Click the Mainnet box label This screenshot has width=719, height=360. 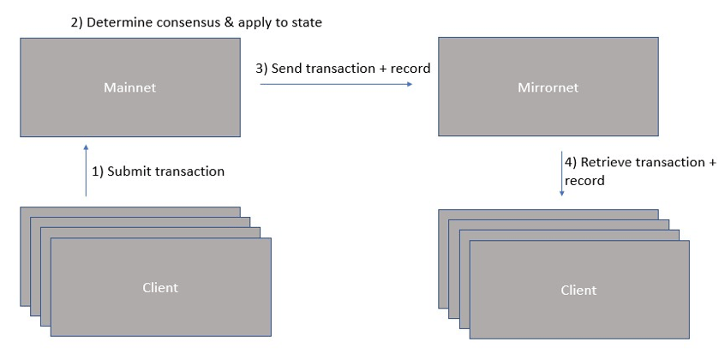click(129, 87)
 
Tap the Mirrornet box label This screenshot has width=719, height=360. click(548, 87)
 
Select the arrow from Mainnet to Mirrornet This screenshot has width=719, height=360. click(336, 84)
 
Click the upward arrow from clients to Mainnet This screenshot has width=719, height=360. click(86, 171)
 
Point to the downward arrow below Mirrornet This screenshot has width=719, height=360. click(561, 174)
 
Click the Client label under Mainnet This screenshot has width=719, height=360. click(160, 287)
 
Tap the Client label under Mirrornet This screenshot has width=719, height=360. click(578, 290)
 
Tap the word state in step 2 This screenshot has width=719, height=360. click(308, 22)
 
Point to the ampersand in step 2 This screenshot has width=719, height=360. click(229, 22)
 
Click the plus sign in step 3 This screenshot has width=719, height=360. click(383, 69)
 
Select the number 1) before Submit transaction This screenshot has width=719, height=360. click(98, 171)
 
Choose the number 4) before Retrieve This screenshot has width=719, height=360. click(571, 162)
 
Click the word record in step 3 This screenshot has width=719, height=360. click(410, 69)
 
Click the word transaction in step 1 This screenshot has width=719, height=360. click(189, 171)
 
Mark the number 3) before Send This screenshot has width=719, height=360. click(262, 69)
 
